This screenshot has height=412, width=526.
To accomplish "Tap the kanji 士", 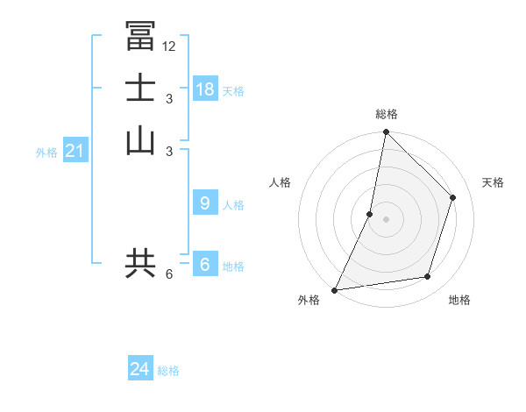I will [140, 89].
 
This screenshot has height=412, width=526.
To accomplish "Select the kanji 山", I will [140, 140].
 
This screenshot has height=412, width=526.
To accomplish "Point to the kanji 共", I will [140, 263].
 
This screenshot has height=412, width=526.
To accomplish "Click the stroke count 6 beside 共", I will [169, 274].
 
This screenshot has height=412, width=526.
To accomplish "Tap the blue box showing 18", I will [205, 89].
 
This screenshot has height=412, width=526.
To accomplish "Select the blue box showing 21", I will [75, 151].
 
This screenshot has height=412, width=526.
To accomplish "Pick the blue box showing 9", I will [205, 203].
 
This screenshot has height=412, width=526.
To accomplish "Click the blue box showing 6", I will [205, 264].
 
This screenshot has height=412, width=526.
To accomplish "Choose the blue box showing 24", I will [140, 369].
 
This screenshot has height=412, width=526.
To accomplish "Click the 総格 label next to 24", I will [169, 371].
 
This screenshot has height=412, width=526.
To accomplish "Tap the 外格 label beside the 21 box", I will [46, 153].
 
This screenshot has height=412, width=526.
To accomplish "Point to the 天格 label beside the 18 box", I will [233, 91].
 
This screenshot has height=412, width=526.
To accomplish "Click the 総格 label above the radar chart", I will [387, 114].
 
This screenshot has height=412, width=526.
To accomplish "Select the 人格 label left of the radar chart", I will [280, 182].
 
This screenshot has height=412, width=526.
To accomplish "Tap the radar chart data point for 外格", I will [335, 290].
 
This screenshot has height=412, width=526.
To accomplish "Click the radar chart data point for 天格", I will [453, 197].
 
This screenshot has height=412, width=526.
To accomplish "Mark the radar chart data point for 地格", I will [428, 277].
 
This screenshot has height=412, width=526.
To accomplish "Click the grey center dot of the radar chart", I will [387, 219].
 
